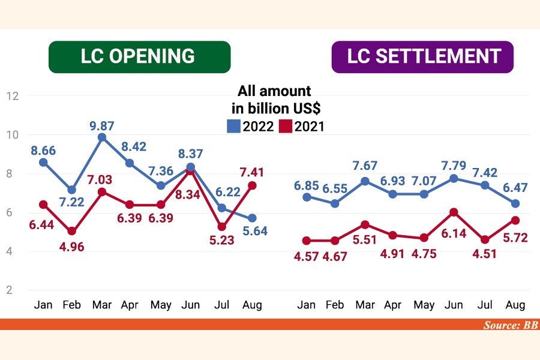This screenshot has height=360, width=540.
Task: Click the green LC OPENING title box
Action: pyautogui.click(x=139, y=57)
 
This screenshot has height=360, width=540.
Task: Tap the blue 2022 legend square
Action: pyautogui.click(x=233, y=126)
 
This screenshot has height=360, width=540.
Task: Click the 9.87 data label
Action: pyautogui.click(x=103, y=126)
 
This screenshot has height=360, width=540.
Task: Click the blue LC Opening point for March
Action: pyautogui.click(x=103, y=137)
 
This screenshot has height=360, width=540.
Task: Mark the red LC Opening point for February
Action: pyautogui.click(x=72, y=231)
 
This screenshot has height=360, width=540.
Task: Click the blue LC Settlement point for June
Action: pyautogui.click(x=454, y=178)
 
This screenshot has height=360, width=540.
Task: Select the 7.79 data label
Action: pyautogui.click(x=454, y=165)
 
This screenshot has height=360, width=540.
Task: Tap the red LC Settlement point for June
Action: pyautogui.click(x=454, y=212)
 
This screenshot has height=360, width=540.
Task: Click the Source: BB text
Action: pyautogui.click(x=511, y=325)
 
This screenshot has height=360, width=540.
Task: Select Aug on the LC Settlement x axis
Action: pyautogui.click(x=515, y=305)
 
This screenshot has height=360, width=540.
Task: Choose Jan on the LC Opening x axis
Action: pyautogui.click(x=43, y=305)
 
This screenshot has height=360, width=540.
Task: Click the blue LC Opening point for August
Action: pyautogui.click(x=252, y=218)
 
